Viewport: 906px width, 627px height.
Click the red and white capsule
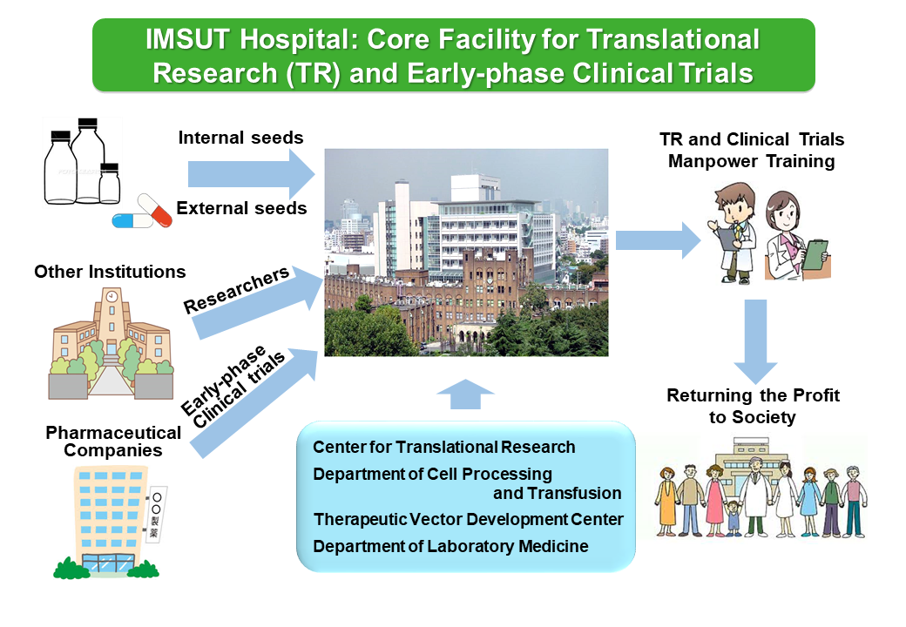pos(155,210)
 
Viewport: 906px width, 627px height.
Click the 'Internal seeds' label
pos(240,138)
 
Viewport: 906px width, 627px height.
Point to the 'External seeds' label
pos(241,208)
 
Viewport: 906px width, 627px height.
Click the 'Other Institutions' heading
pos(110,272)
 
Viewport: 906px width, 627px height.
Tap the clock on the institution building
pos(112,297)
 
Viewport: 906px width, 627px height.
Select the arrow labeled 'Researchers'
pos(257,302)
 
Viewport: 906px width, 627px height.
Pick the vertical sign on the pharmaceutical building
pos(155,513)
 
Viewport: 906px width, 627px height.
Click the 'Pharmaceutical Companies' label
pos(113,442)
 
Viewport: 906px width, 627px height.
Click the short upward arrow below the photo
pos(465,394)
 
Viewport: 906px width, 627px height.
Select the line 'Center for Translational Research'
pos(443,447)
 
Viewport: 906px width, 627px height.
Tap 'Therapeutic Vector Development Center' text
pos(468,519)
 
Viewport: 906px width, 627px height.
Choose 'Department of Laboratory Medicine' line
pos(450,546)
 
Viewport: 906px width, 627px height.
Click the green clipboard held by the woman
pos(815,254)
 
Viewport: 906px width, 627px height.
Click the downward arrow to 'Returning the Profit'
pos(755,341)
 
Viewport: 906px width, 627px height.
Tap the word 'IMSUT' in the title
pos(188,40)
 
